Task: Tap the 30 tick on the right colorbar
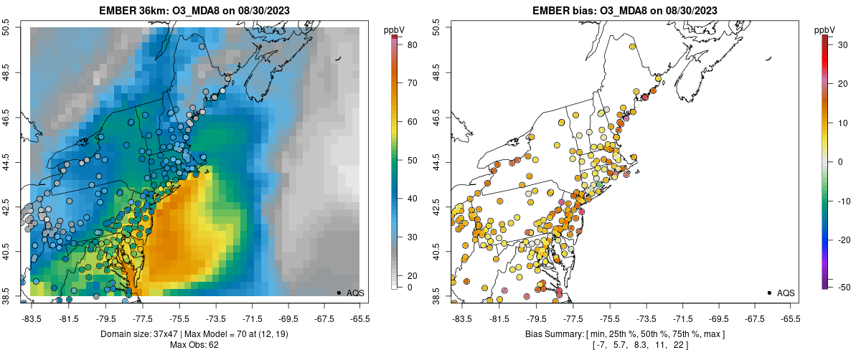[836, 44]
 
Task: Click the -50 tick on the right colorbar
[836, 287]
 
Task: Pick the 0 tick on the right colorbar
[836, 161]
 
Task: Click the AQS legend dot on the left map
[339, 293]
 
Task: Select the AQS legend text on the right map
[786, 293]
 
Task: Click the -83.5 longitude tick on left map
[32, 318]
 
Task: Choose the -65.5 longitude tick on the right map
[790, 318]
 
